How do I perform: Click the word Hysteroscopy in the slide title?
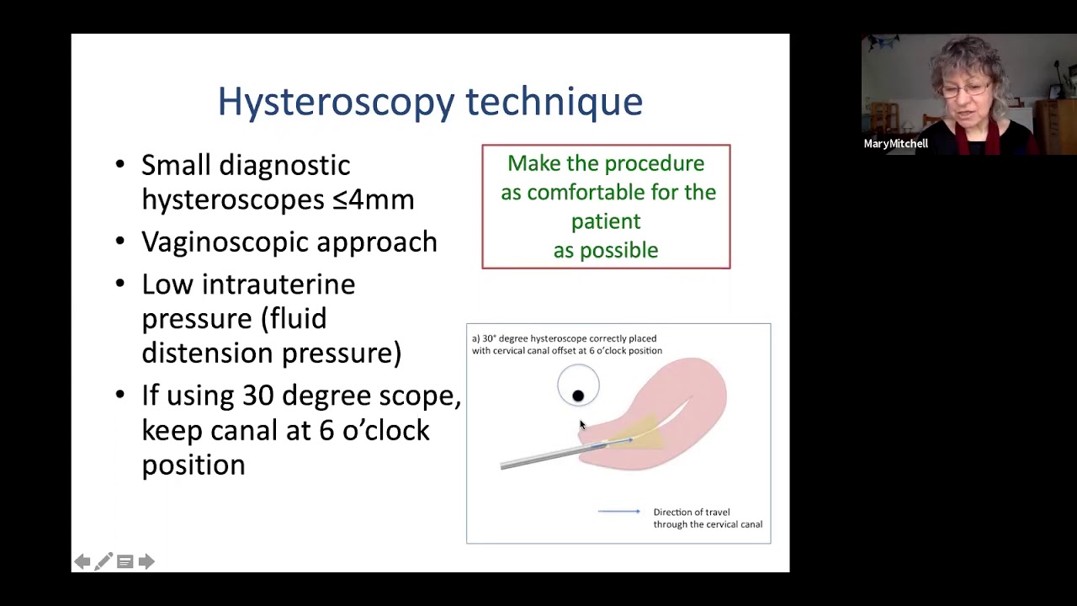tap(337, 102)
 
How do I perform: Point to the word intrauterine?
tap(278, 284)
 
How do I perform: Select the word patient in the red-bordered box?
tap(606, 221)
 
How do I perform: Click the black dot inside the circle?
tap(578, 396)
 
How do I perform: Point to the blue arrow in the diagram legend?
tap(618, 512)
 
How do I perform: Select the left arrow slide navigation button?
tap(82, 561)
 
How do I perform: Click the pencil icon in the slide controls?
tap(103, 561)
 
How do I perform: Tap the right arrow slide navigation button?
tap(146, 561)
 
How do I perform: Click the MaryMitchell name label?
tap(895, 144)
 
